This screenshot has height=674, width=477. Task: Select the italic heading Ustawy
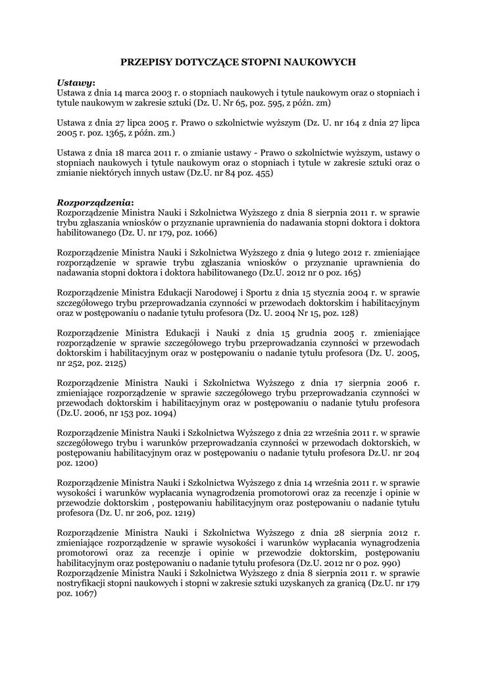click(75, 83)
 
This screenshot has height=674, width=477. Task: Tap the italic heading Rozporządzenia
click(94, 203)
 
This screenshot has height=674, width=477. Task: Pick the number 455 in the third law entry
click(263, 173)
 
